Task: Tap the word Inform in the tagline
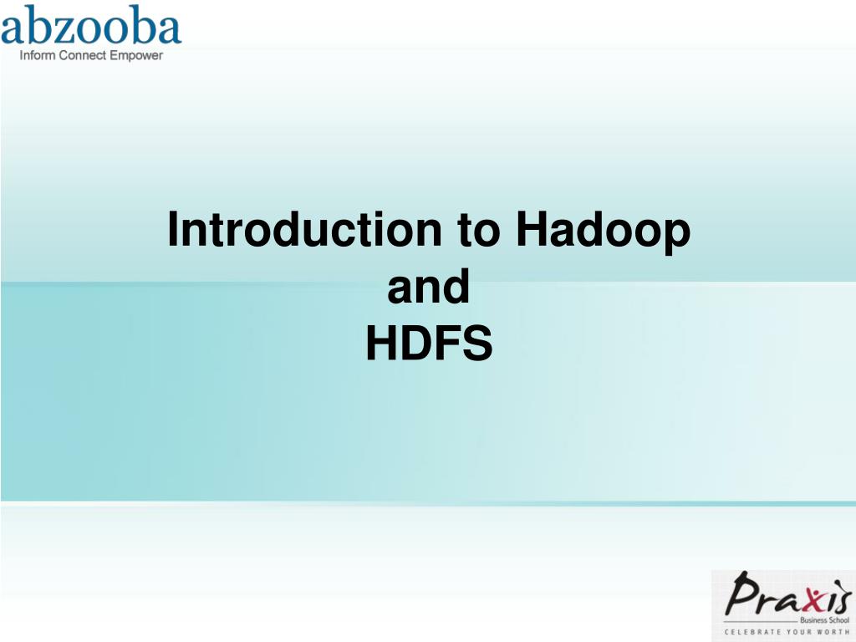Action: pos(38,56)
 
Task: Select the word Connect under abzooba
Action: pos(83,56)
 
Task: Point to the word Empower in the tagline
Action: pos(136,56)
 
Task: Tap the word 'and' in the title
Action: pos(429,287)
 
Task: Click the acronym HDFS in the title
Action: pos(429,344)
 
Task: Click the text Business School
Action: pos(823,621)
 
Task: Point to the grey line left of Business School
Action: pos(761,621)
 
